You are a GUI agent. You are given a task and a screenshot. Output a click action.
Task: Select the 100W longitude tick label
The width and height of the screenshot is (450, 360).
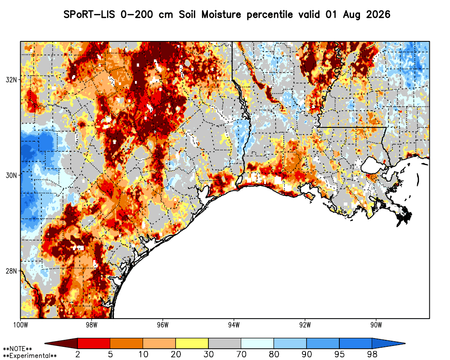(x=20, y=325)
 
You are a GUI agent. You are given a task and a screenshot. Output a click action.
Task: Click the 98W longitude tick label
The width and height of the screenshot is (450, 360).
(x=91, y=325)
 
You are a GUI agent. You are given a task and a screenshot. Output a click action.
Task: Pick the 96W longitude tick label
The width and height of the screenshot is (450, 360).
(x=163, y=325)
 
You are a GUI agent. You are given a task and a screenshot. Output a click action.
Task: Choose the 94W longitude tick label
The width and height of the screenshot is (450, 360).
(x=234, y=325)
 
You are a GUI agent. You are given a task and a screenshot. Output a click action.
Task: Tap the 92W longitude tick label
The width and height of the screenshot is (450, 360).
(x=305, y=325)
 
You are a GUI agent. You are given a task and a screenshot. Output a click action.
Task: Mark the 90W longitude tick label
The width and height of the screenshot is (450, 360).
(x=376, y=325)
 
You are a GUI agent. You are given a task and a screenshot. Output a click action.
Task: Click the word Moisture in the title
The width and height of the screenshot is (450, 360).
(x=221, y=14)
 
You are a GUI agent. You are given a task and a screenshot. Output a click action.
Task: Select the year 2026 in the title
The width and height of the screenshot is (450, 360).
(x=378, y=14)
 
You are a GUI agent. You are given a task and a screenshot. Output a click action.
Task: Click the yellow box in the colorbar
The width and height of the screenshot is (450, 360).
(x=192, y=343)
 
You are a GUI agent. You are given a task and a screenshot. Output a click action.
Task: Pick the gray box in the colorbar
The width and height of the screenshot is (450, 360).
(x=225, y=343)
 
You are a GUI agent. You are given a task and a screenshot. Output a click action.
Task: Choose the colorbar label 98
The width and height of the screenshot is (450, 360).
(x=372, y=354)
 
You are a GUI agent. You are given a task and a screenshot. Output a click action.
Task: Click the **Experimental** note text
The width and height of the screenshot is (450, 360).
(x=30, y=356)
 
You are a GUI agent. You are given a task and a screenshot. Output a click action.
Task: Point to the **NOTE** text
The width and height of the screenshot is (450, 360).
(x=18, y=349)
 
